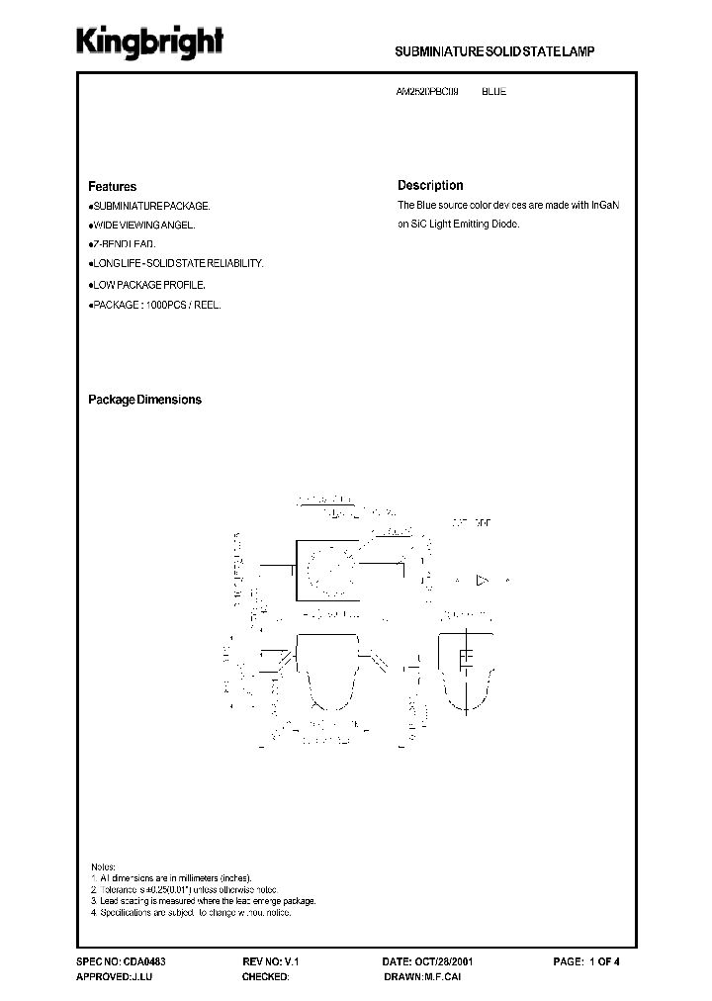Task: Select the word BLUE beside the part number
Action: [493, 91]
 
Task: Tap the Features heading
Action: [112, 186]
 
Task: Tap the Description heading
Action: [430, 185]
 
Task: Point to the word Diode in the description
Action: [504, 225]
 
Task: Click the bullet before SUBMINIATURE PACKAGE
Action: [90, 206]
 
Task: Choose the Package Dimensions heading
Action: [144, 400]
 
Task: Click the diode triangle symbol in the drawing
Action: [483, 581]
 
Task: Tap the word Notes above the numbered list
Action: [103, 865]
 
